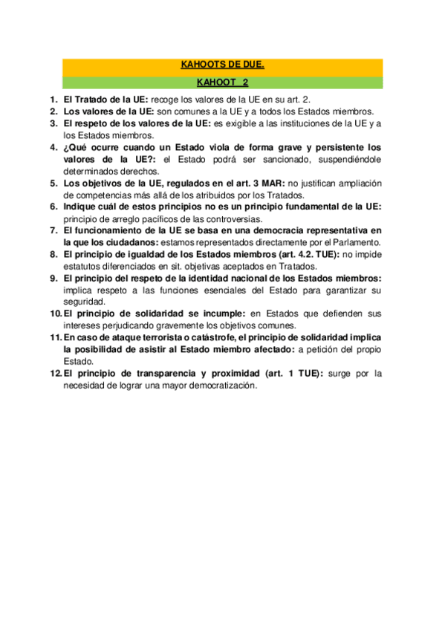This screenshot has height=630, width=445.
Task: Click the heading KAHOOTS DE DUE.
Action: coord(223,65)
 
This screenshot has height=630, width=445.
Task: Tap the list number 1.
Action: coord(53,99)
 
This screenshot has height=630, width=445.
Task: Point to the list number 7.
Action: coord(53,230)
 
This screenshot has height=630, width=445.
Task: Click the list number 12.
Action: coord(56,374)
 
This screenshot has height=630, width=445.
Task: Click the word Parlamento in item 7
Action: coord(355,242)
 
